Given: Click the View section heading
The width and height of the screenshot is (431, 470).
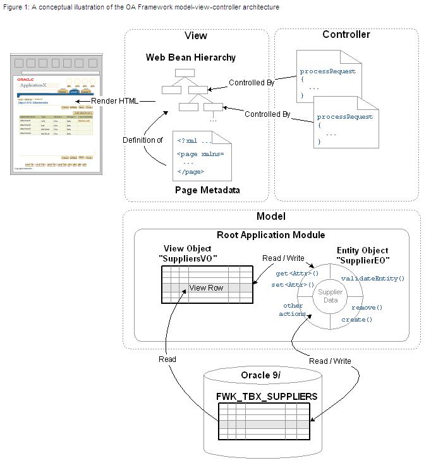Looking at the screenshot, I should coord(195,36).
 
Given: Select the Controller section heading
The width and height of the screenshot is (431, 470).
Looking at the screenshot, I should coord(346,34).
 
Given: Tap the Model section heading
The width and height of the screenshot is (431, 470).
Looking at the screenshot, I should coord(270,216).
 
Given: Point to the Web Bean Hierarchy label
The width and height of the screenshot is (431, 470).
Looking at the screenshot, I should coord(191,57).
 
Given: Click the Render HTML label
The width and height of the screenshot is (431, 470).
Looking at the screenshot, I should coord(114,101).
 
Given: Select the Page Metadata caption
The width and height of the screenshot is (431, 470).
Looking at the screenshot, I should coord(207,190).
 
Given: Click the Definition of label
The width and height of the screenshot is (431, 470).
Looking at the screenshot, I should coord(142,140).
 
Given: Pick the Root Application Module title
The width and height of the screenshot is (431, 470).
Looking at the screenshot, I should coord(270,235).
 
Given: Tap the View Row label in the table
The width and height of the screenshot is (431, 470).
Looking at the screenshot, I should coord(206,288).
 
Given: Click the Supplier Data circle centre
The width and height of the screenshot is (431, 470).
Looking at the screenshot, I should coord(330,296).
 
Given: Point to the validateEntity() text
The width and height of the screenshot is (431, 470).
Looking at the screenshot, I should coord(372,278).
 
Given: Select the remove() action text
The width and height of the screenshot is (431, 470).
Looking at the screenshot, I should coord(367,308).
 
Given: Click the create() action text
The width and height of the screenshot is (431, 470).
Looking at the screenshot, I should coord(357,320).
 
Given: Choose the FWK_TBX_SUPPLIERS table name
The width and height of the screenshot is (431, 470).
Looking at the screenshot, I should coord(267,397).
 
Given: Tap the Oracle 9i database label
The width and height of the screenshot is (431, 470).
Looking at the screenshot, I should coord(264,375).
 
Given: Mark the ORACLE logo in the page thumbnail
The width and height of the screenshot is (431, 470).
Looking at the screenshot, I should coord(26,79).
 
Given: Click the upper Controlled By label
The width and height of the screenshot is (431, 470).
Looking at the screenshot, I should coord(252,83).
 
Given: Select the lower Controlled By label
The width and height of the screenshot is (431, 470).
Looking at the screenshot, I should coord(267,114).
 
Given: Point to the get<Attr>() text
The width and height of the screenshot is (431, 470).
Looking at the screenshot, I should coord(297,274).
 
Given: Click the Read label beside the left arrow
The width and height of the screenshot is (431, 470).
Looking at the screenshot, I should coord(167,359).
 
